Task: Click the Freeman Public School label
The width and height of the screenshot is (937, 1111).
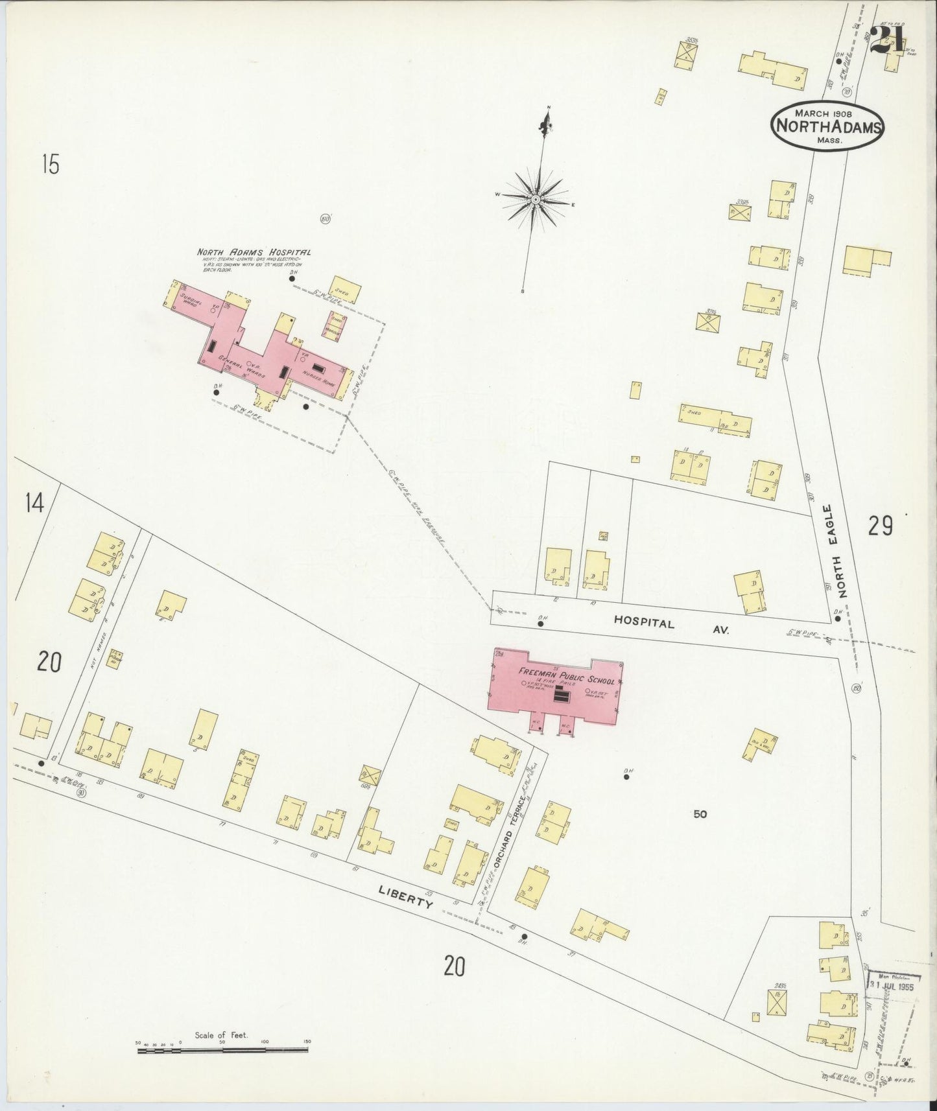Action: (565, 677)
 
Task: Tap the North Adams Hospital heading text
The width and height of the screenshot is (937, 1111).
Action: (254, 253)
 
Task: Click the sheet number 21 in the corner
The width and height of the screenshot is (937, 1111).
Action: (886, 40)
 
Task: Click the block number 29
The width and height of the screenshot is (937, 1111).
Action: (881, 526)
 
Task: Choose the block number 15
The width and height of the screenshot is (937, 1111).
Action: (50, 165)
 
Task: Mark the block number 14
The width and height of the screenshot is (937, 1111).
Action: (34, 502)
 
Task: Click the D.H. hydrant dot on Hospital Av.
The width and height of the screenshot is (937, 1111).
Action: (540, 624)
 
